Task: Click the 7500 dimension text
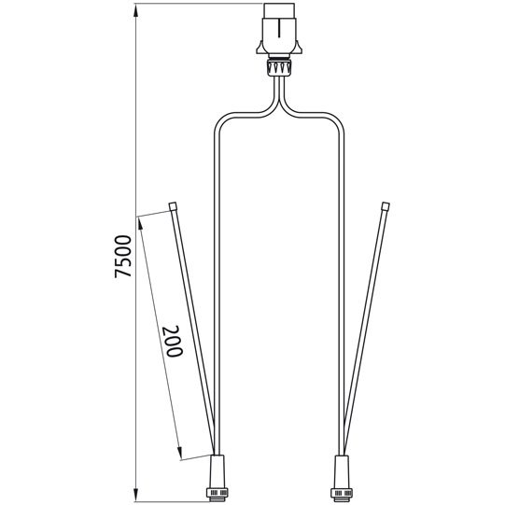pyautogui.click(x=122, y=255)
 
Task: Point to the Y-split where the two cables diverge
pyautogui.click(x=280, y=103)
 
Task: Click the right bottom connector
pyautogui.click(x=341, y=470)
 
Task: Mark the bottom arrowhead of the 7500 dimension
pyautogui.click(x=137, y=496)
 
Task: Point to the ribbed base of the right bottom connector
pyautogui.click(x=341, y=489)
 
